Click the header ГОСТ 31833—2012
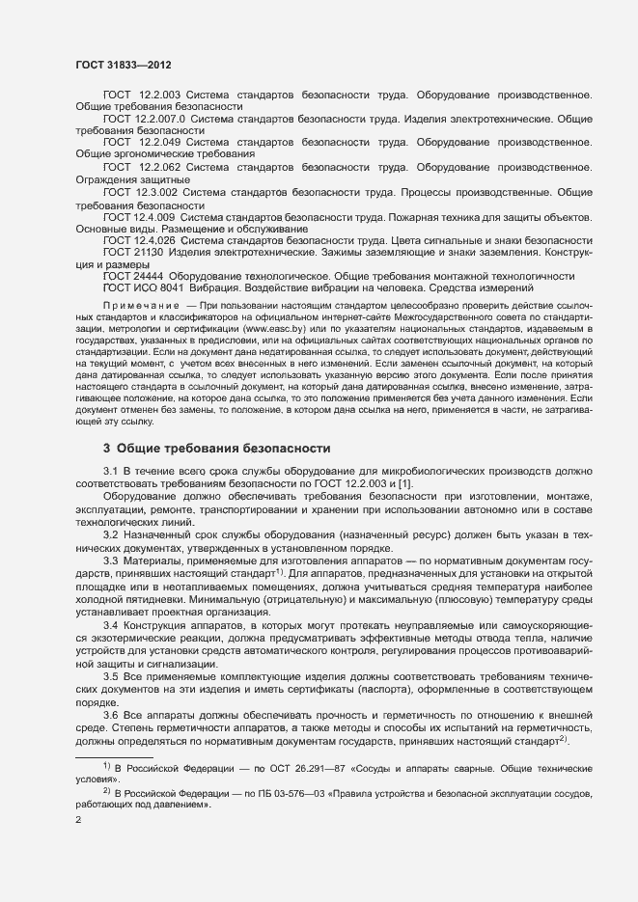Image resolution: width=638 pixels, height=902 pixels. point(124,64)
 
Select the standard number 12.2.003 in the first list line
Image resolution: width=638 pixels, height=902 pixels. point(158,95)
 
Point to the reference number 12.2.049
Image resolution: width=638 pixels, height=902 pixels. point(158,142)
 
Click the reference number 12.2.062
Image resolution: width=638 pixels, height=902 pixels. point(158,167)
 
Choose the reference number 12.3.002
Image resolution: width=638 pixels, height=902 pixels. point(155,192)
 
